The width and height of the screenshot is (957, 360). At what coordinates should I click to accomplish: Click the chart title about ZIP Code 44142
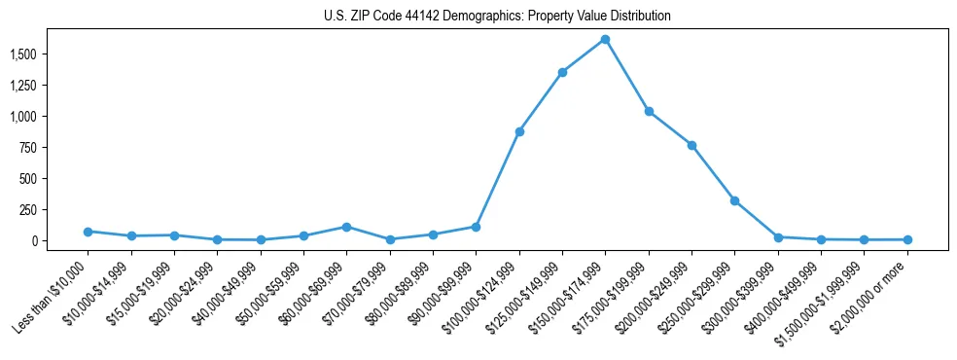click(x=497, y=17)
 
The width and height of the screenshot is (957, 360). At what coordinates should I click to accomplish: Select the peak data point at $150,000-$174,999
click(x=605, y=39)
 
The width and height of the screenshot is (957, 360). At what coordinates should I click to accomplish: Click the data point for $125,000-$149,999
click(x=562, y=72)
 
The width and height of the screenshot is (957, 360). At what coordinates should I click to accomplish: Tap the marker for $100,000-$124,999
click(x=519, y=131)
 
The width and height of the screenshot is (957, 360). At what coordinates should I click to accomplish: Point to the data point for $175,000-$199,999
click(x=649, y=111)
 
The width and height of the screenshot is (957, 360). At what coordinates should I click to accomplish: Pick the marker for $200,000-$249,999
click(x=691, y=145)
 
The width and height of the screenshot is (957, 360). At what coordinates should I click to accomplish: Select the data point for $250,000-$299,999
click(x=734, y=200)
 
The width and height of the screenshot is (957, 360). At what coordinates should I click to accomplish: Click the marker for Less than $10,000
click(x=88, y=232)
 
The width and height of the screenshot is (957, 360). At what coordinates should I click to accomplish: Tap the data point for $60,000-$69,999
click(x=346, y=227)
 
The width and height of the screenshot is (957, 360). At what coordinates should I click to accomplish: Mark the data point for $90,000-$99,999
click(x=476, y=227)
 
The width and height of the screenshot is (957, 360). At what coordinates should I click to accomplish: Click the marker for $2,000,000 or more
click(x=906, y=239)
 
